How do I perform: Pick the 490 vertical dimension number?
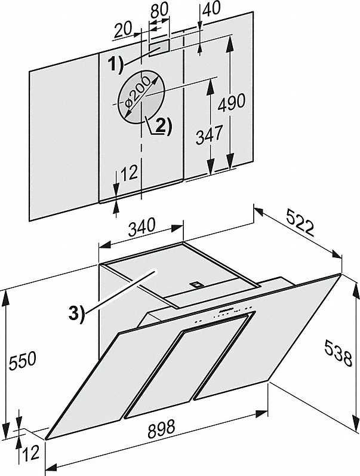[231, 102]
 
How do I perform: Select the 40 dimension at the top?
[211, 11]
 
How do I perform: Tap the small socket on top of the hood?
[195, 285]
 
